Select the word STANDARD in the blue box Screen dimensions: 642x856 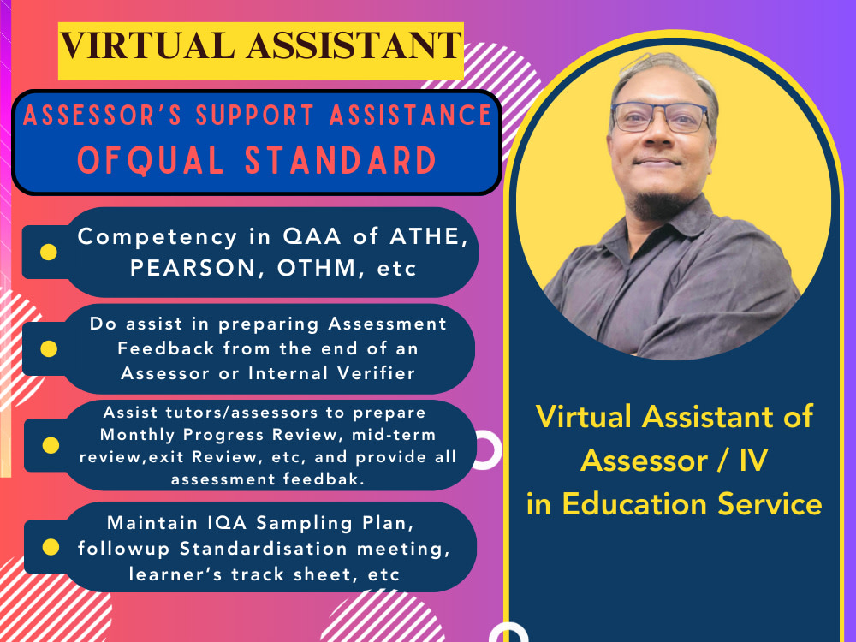click(x=342, y=161)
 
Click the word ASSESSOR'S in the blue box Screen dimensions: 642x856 click(x=107, y=115)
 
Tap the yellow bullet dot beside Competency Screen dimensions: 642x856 click(x=50, y=253)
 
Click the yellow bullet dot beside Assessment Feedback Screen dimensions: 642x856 click(x=50, y=348)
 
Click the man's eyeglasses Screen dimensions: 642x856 click(x=659, y=116)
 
